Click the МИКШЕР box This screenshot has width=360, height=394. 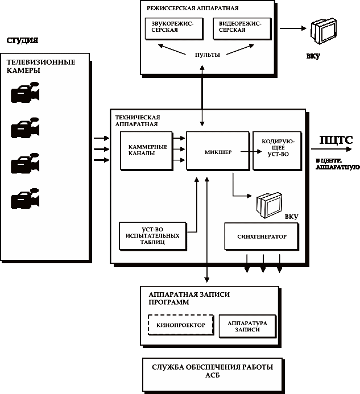[x=218, y=151]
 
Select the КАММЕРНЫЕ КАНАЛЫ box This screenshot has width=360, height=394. [x=147, y=151]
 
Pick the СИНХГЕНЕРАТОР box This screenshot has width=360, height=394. [x=261, y=236]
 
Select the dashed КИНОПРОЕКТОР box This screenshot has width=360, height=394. [x=180, y=325]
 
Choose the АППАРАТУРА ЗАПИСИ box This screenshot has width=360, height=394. [x=247, y=325]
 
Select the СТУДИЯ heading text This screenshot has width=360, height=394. [x=22, y=41]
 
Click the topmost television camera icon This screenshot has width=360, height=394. [x=26, y=93]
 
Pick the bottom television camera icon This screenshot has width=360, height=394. [x=26, y=200]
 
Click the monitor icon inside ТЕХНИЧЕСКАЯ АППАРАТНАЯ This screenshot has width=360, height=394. [x=268, y=204]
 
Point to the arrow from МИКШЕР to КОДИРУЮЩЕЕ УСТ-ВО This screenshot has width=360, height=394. [x=246, y=151]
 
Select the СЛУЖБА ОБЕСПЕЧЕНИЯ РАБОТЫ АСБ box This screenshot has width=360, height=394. [x=212, y=371]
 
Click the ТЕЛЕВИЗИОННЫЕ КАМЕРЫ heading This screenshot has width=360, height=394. [x=41, y=66]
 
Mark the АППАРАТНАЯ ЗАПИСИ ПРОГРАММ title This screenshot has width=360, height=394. [x=185, y=298]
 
